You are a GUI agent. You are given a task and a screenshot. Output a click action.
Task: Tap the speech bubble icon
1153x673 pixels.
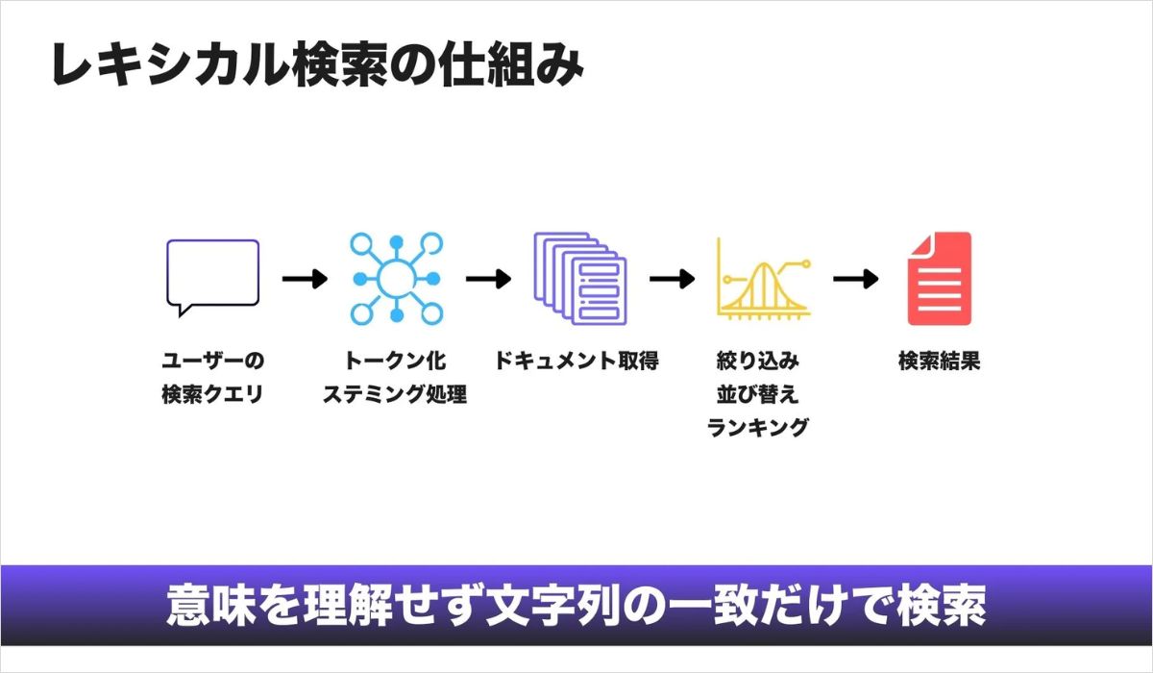pyautogui.click(x=212, y=277)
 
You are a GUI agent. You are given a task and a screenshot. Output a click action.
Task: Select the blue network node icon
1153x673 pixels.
pyautogui.click(x=394, y=278)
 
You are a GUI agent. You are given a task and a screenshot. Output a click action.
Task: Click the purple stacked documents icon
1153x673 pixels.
pyautogui.click(x=579, y=277)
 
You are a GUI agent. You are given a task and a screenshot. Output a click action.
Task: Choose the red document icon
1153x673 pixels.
pyautogui.click(x=939, y=278)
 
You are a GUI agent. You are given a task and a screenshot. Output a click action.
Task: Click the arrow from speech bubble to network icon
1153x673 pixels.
pyautogui.click(x=305, y=279)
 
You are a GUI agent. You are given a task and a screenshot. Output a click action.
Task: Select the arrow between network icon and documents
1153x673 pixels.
pyautogui.click(x=488, y=279)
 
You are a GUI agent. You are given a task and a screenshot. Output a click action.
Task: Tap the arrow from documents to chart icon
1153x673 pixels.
pyautogui.click(x=672, y=279)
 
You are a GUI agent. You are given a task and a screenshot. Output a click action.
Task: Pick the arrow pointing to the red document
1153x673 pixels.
pyautogui.click(x=855, y=279)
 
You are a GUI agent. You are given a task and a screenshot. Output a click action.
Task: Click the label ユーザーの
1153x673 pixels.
pyautogui.click(x=212, y=362)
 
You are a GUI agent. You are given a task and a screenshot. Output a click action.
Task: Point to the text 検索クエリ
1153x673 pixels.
pyautogui.click(x=212, y=394)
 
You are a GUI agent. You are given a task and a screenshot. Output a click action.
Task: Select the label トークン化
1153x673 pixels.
pyautogui.click(x=395, y=362)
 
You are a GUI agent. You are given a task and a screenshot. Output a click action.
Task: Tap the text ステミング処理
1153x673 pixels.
pyautogui.click(x=395, y=394)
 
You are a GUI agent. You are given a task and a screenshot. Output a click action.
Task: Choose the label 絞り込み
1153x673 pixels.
pyautogui.click(x=758, y=362)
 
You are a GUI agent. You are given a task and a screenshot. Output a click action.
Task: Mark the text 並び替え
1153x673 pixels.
pyautogui.click(x=758, y=394)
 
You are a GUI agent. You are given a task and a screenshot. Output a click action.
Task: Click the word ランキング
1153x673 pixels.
pyautogui.click(x=758, y=427)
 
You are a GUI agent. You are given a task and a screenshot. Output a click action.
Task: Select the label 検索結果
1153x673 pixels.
pyautogui.click(x=939, y=362)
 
